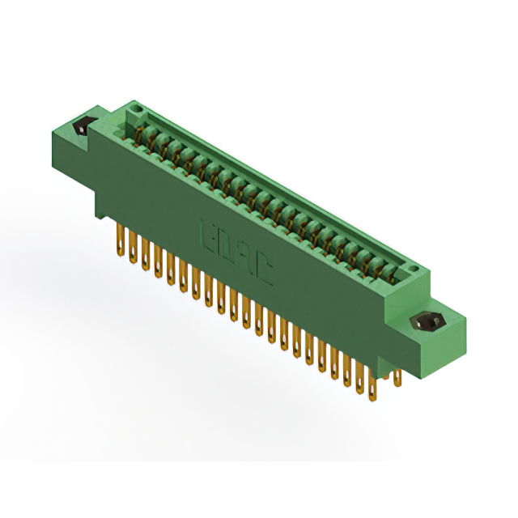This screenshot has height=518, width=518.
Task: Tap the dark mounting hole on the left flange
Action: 82,127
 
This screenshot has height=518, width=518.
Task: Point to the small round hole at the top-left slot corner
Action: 137,108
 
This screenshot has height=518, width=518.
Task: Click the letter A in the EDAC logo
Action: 245,258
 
